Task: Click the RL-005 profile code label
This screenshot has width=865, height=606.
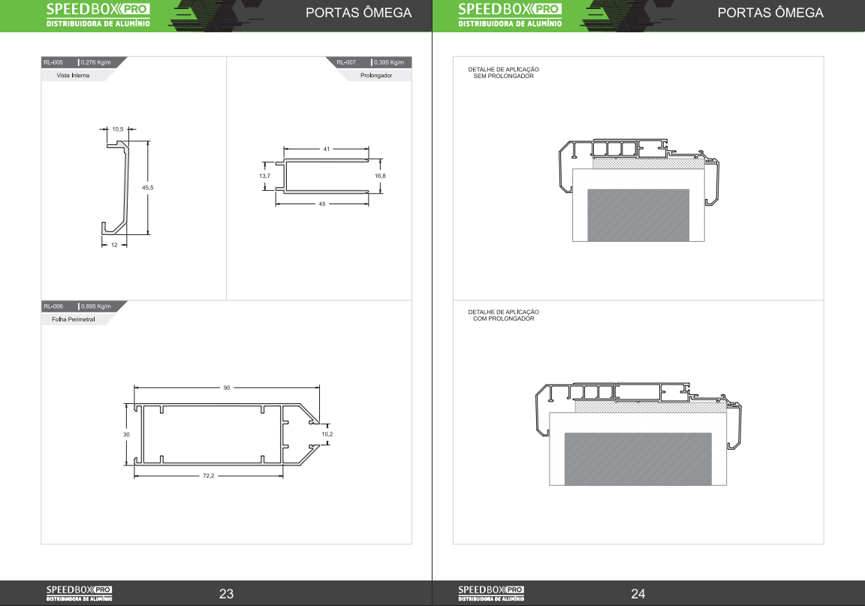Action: pos(53,62)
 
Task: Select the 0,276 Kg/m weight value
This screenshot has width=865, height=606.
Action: pos(96,62)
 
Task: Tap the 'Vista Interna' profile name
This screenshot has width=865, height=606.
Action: pos(73,76)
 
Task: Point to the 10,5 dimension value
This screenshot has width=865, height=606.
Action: pos(117,129)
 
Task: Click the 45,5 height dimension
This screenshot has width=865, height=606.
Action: pos(148,188)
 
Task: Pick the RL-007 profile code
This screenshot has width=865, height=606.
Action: pos(346,62)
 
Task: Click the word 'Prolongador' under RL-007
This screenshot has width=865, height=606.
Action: pos(376,76)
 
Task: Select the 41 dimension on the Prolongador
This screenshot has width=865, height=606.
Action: pos(327,149)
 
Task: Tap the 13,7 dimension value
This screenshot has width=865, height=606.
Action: pos(265,176)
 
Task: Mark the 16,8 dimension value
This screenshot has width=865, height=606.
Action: pos(380,176)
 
